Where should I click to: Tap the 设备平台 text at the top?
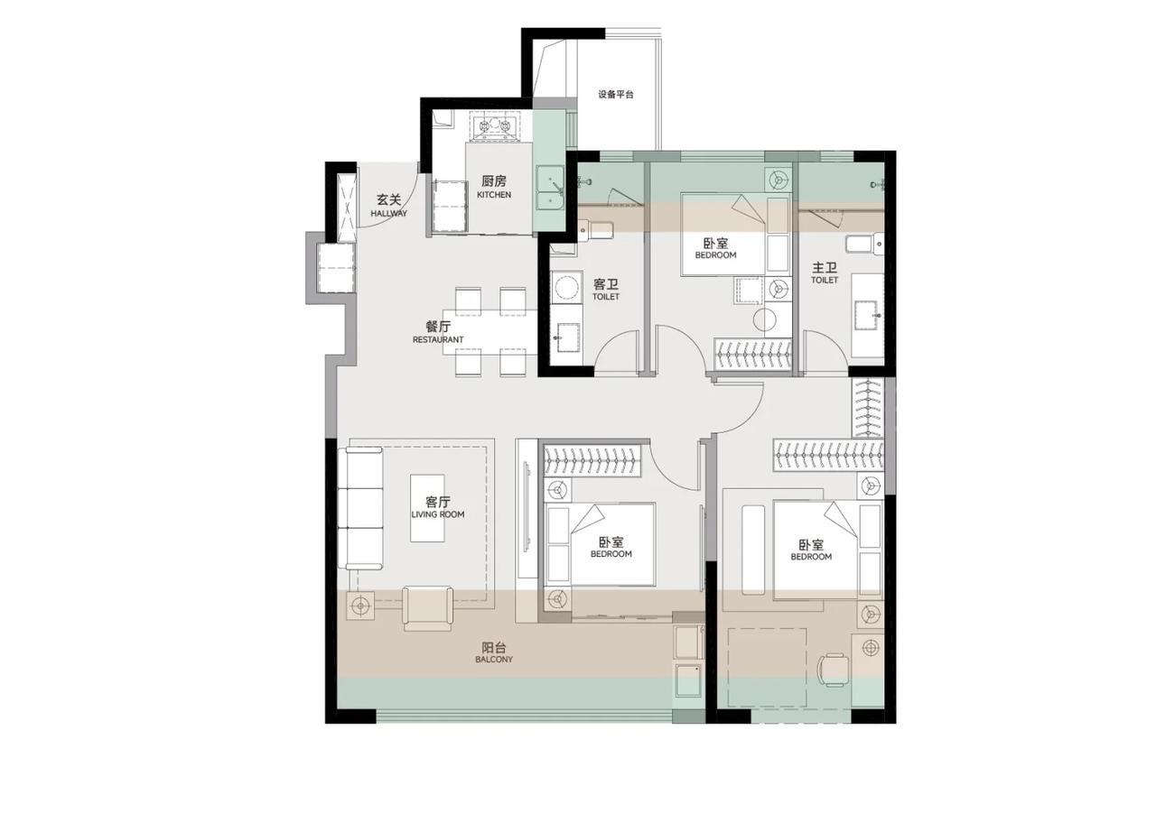(616, 95)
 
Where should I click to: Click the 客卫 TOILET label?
(606, 290)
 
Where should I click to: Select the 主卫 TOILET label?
(825, 273)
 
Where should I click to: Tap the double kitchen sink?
(550, 188)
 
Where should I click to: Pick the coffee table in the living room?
(427, 508)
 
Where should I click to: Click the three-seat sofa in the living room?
(360, 509)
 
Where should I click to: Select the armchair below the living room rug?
(428, 608)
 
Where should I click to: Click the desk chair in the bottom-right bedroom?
(833, 670)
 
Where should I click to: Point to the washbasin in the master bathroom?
(868, 316)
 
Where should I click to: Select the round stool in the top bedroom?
(765, 320)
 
